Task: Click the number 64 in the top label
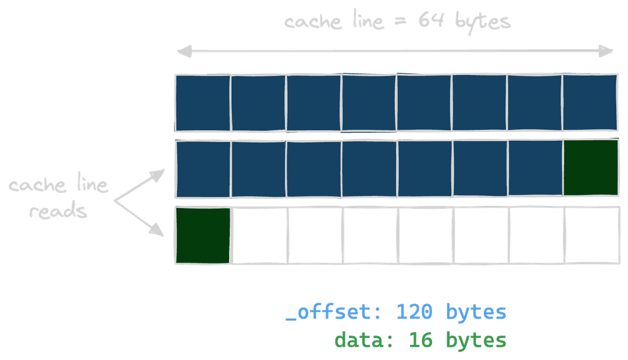pos(433,22)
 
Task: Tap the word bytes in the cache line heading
pos(483,22)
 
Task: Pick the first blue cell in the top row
pos(203,102)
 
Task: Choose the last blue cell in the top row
pos(590,102)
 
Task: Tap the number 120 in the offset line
pos(414,312)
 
